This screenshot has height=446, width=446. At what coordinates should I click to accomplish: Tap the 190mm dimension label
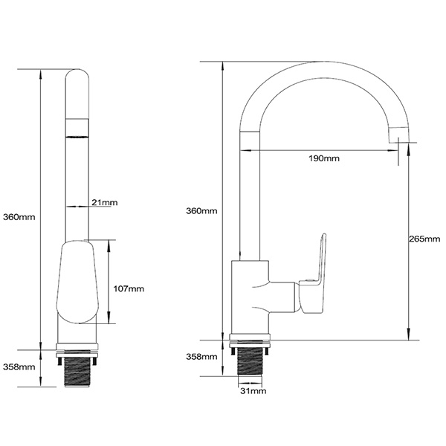pos(326,158)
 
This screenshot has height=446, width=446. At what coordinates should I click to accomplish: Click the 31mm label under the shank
pos(251,391)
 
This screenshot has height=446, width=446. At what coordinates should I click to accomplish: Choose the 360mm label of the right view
pos(202,211)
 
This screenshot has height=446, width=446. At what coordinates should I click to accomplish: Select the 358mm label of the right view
pos(202,357)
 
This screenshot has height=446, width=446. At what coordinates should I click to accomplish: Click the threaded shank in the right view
pos(251,363)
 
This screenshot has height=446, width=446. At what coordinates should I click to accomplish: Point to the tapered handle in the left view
pos(77,282)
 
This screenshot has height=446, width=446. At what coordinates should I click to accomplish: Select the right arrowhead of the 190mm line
pos(398,151)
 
